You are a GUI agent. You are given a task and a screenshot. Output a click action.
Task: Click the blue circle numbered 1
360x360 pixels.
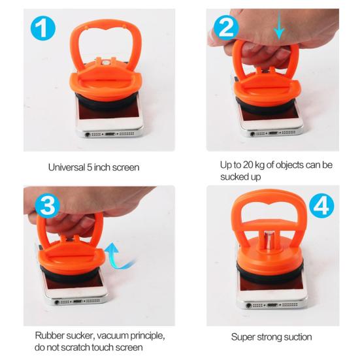(43, 28)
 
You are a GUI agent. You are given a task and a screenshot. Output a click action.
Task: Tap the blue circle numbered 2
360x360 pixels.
(226, 27)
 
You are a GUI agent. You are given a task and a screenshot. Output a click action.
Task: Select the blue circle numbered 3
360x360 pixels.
(48, 205)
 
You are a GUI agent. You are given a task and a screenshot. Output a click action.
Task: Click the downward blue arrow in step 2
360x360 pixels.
(280, 25)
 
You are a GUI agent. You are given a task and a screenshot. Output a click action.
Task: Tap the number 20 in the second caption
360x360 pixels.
(248, 165)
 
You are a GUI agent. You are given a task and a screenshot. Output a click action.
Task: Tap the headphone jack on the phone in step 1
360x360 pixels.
(88, 135)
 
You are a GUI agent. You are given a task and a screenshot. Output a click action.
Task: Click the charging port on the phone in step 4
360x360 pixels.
(272, 305)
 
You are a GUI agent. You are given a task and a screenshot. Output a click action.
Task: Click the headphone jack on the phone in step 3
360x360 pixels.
(57, 302)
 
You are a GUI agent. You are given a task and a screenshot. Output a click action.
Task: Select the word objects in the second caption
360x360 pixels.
(290, 165)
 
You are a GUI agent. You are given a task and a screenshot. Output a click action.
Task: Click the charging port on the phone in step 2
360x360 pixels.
(273, 133)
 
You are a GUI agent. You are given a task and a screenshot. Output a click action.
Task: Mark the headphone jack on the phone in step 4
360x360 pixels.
(248, 306)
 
